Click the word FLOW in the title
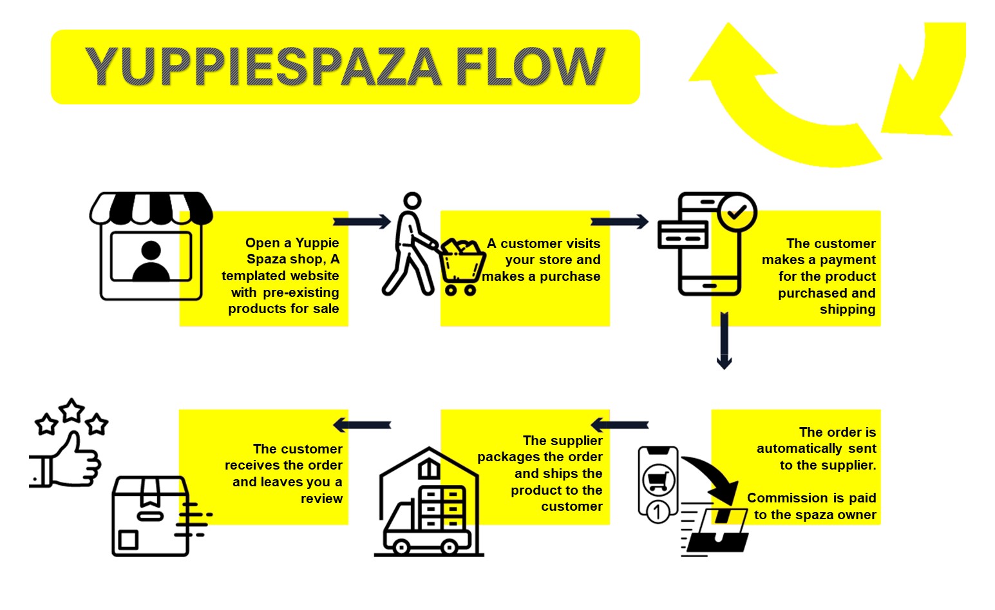pos(529,66)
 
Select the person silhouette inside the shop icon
pos(151,260)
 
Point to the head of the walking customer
pos(412,201)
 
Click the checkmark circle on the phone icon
pos(737,211)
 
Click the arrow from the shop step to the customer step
pos(362,222)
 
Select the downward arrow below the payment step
pos(724,340)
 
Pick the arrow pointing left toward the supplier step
pos(620,425)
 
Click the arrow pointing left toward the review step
pos(362,425)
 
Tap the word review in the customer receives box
pos(321,499)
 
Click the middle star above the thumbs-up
pos(71,408)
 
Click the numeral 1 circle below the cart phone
pos(657,513)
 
